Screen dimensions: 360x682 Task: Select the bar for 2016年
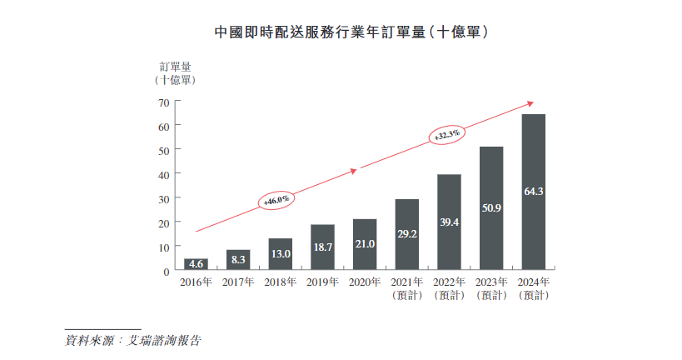[196, 264]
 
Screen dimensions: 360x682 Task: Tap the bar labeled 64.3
[533, 192]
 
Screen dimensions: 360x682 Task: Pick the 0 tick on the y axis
[166, 272]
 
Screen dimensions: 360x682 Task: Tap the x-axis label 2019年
[322, 283]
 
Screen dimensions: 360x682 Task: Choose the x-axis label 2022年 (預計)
[449, 289]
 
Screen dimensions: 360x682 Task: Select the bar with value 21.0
[365, 245]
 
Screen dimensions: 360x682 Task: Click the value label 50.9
[491, 207]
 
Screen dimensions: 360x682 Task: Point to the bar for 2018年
[281, 254]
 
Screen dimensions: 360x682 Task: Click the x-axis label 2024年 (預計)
[533, 289]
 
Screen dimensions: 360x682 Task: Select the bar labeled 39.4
[449, 222]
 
